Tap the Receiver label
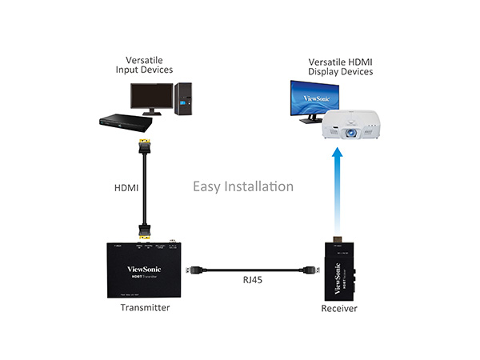(x=339, y=308)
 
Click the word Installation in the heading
(x=257, y=186)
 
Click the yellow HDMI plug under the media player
(x=145, y=147)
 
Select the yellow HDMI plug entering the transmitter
(x=145, y=236)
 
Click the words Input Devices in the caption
(x=145, y=70)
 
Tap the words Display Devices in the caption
(x=341, y=72)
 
